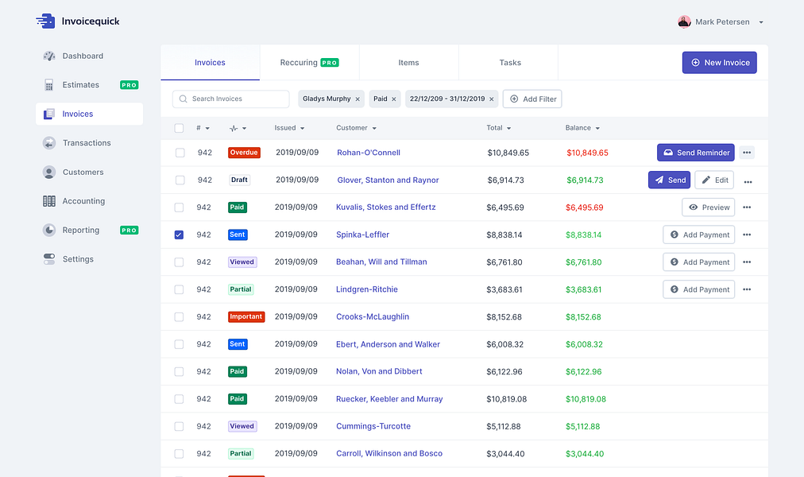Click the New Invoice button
719,63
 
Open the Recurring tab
309,63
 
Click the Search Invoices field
230,99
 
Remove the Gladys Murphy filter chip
358,99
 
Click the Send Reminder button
695,153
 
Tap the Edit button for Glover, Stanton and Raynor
714,180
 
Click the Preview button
708,207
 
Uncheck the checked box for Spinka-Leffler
179,235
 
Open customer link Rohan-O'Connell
368,153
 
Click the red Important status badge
246,317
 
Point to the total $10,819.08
507,399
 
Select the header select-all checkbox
179,128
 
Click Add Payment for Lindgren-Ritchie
698,290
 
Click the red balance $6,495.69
584,207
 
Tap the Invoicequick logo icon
45,21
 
